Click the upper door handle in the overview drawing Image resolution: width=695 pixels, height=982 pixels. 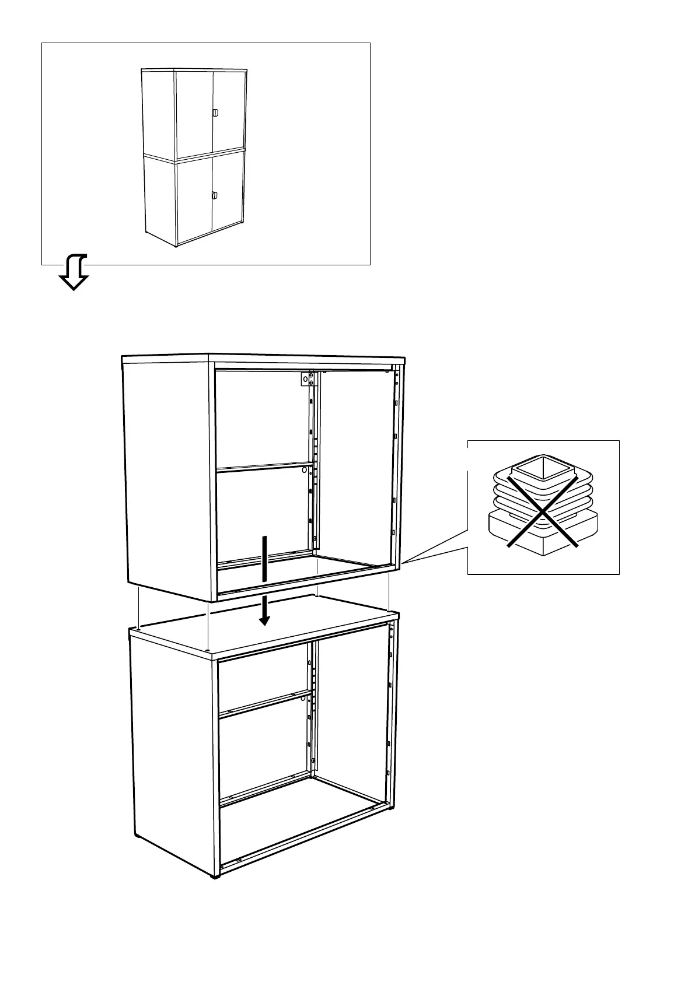pos(215,113)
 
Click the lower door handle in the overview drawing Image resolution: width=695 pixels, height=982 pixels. pos(215,196)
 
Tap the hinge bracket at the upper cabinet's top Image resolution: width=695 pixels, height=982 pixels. pos(305,380)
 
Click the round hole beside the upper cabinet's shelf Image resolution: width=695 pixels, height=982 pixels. pos(304,469)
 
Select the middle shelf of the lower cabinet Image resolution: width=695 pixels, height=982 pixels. pos(263,702)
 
